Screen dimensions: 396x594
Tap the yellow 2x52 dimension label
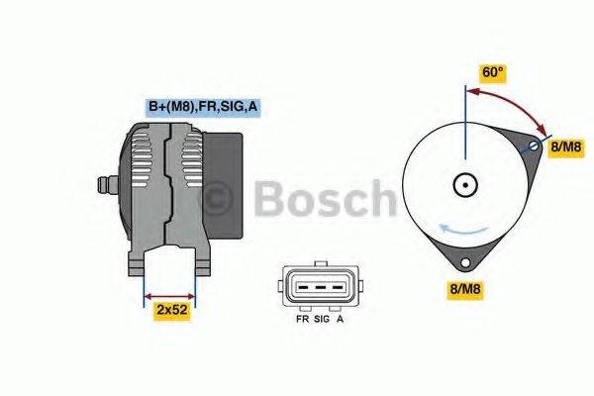(172, 311)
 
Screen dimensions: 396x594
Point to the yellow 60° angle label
(493, 72)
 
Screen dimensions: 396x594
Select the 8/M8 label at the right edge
(566, 147)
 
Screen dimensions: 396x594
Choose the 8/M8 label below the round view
(465, 290)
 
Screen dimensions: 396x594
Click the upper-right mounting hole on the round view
(534, 147)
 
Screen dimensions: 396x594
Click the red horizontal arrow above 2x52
(170, 294)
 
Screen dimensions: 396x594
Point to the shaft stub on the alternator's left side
(103, 185)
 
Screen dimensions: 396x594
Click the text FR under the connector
(302, 321)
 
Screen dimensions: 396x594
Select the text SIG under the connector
(321, 321)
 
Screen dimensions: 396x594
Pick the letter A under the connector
(342, 321)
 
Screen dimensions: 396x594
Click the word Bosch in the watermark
(322, 198)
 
